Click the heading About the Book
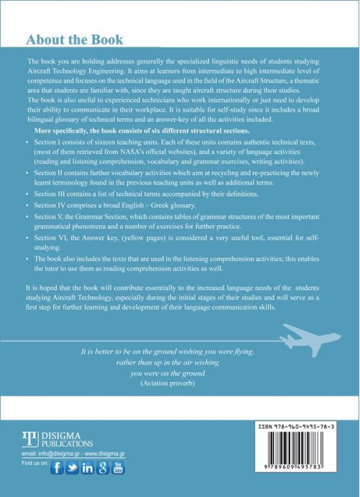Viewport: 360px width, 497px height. click(x=74, y=39)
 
